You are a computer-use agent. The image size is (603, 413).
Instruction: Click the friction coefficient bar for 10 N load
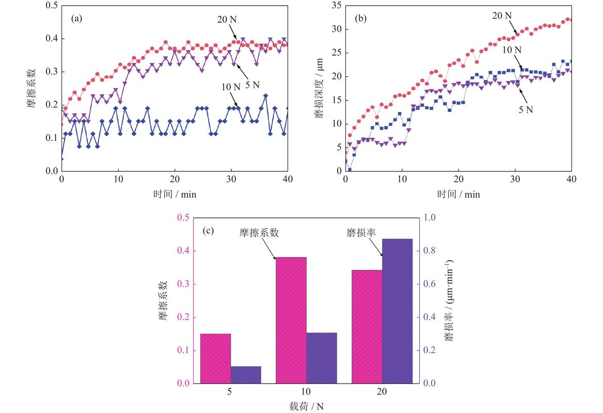[x=291, y=320]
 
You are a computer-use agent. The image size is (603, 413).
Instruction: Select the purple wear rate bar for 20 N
[x=397, y=311]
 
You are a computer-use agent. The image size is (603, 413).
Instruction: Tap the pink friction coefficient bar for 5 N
[x=215, y=358]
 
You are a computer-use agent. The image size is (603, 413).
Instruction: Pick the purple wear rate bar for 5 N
[x=246, y=375]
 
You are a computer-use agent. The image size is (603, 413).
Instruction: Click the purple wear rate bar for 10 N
[x=322, y=358]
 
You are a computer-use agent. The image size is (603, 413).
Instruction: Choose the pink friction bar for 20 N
[x=367, y=326]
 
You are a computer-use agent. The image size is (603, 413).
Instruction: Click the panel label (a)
[x=76, y=19]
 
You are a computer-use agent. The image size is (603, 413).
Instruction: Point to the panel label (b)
[x=360, y=19]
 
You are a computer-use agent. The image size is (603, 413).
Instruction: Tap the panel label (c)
[x=208, y=231]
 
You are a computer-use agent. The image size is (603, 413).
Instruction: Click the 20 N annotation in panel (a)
[x=227, y=19]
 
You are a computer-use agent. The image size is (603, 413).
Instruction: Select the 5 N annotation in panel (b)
[x=526, y=110]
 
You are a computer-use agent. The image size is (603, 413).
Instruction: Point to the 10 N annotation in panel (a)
[x=231, y=87]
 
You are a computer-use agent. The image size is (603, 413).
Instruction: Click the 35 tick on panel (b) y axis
[x=337, y=5]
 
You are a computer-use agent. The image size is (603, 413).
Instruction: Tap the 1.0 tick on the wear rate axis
[x=430, y=217]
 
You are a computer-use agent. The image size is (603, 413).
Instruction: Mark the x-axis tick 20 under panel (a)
[x=174, y=179]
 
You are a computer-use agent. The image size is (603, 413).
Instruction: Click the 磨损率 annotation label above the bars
[x=361, y=233]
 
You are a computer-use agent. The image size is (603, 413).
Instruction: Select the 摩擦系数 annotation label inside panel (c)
[x=259, y=233]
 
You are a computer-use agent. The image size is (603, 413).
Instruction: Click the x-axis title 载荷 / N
[x=306, y=406]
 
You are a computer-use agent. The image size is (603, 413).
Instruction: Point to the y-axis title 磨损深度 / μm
[x=319, y=88]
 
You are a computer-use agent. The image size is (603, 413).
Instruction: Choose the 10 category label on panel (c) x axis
[x=306, y=391]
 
